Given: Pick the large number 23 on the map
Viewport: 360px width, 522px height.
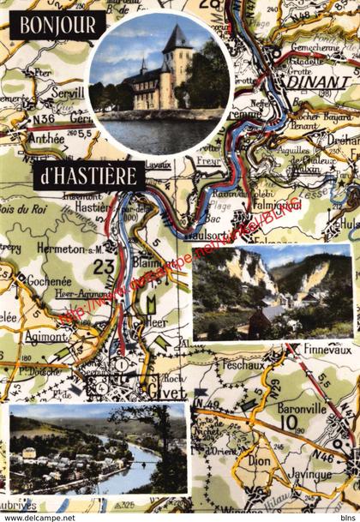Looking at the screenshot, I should pyautogui.click(x=104, y=267).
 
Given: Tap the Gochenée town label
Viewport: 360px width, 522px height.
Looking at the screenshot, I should pyautogui.click(x=48, y=281).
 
